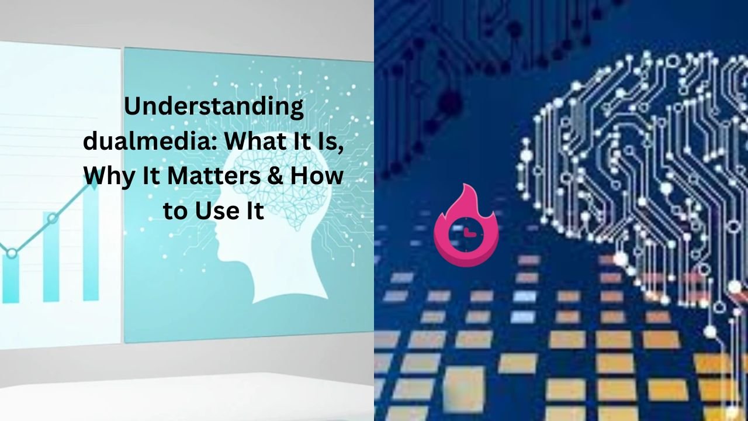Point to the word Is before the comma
point(326,142)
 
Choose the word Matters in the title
point(214,176)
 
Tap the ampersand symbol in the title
point(275,176)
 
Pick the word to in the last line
point(176,211)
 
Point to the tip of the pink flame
point(465,184)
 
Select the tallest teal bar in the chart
point(91,243)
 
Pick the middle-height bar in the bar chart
point(51,257)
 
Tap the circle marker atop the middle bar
point(53,219)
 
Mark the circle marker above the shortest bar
point(12,253)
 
